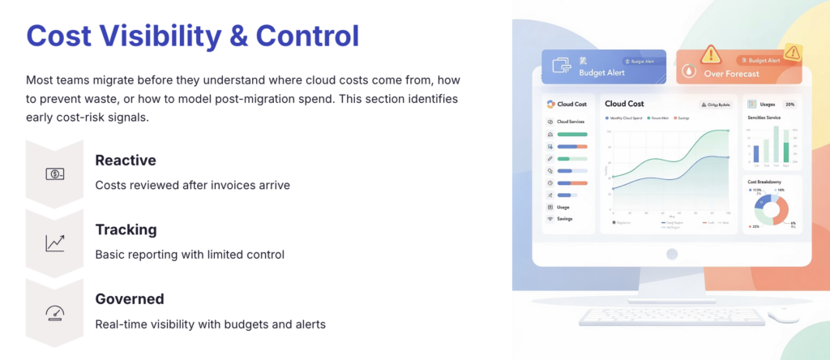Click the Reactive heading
(x=125, y=161)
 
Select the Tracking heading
(x=126, y=229)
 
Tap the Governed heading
(x=129, y=298)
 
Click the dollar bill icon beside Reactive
(x=56, y=174)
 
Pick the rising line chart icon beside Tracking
(x=56, y=242)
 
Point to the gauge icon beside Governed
(x=56, y=312)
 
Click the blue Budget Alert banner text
(x=601, y=73)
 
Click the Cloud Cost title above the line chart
(x=624, y=104)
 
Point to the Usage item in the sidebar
(x=563, y=208)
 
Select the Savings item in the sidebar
(x=563, y=219)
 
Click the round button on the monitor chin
(x=671, y=254)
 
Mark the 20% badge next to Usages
(x=789, y=105)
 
